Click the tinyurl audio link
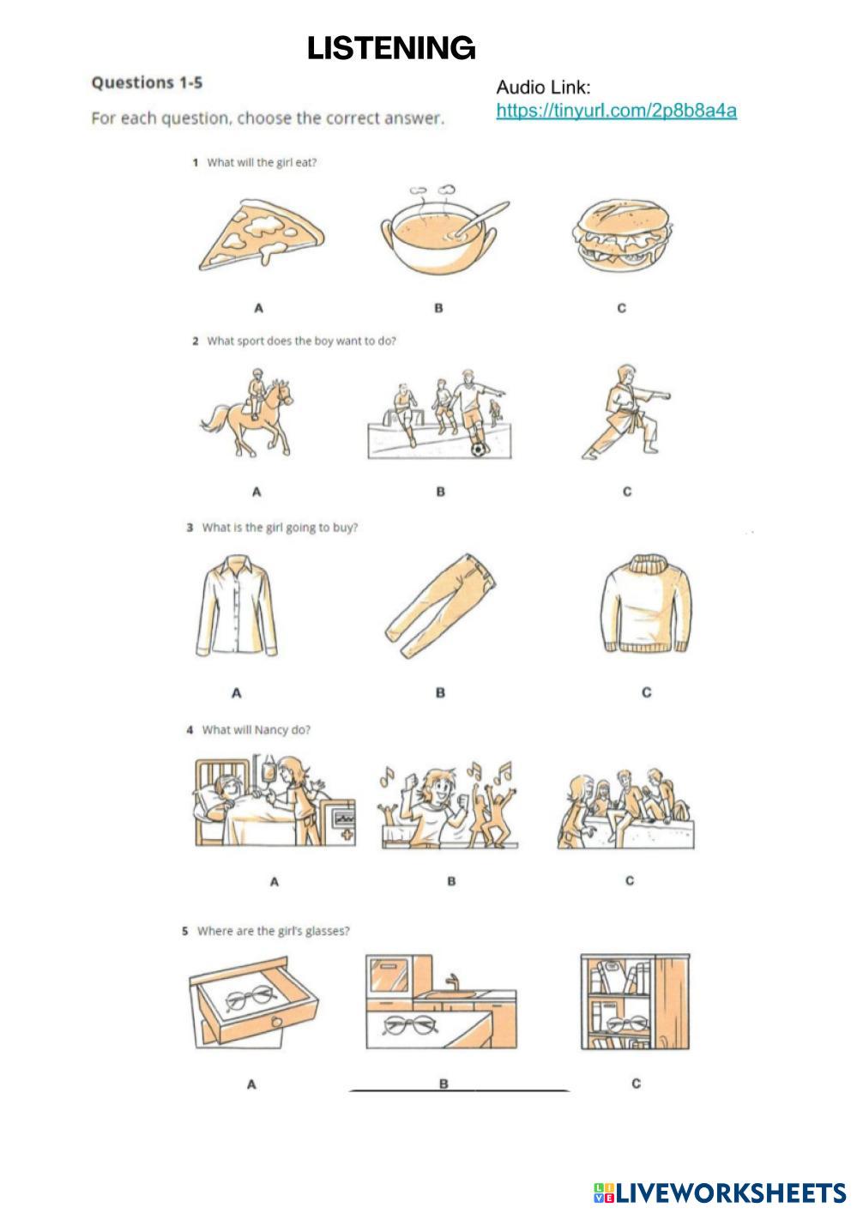tap(616, 111)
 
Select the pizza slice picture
tap(262, 235)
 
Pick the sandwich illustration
tap(622, 235)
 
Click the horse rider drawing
tap(248, 413)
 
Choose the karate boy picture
tap(626, 411)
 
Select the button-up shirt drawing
tap(236, 606)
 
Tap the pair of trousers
tap(440, 606)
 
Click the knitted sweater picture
tap(646, 603)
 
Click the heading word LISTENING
tap(391, 48)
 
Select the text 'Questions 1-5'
tap(147, 83)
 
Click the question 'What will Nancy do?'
tap(256, 730)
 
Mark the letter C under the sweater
tap(647, 692)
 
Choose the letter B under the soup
tap(438, 308)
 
